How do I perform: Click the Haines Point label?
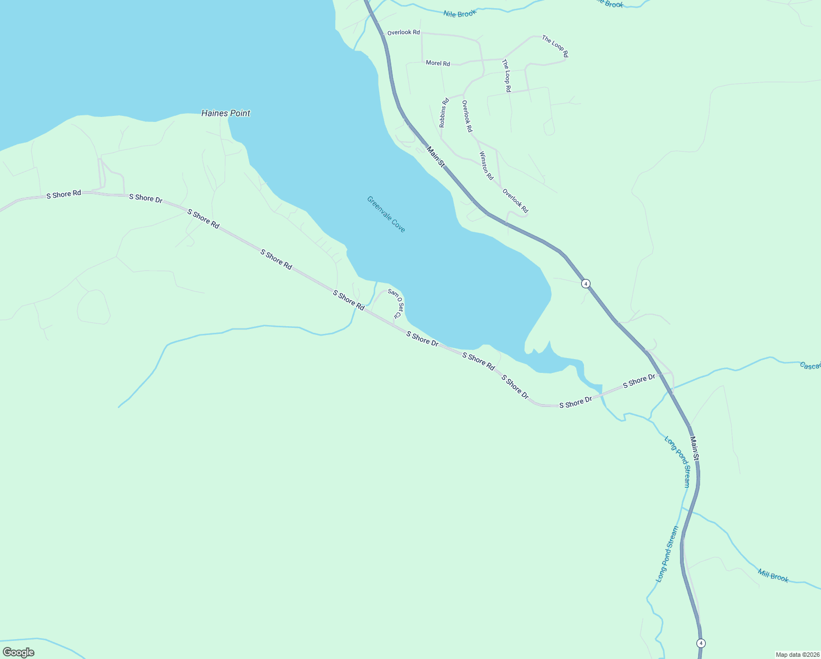pyautogui.click(x=226, y=113)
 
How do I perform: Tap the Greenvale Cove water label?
pyautogui.click(x=386, y=214)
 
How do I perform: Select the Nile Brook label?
pyautogui.click(x=460, y=13)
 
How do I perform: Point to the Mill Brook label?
pyautogui.click(x=773, y=576)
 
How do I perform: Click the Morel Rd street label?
pyautogui.click(x=438, y=63)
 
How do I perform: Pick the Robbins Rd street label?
pyautogui.click(x=444, y=113)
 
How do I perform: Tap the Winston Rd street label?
pyautogui.click(x=486, y=166)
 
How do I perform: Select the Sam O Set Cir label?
pyautogui.click(x=396, y=304)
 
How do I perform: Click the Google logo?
pyautogui.click(x=19, y=652)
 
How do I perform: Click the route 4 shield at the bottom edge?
pyautogui.click(x=700, y=643)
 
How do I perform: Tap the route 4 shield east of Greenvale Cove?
pyautogui.click(x=586, y=283)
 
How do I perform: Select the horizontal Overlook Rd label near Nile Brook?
pyautogui.click(x=403, y=33)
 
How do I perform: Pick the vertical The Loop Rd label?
pyautogui.click(x=507, y=76)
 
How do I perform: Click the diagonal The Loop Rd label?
pyautogui.click(x=555, y=47)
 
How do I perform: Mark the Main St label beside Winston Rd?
pyautogui.click(x=436, y=157)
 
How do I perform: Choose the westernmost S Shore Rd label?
pyautogui.click(x=64, y=194)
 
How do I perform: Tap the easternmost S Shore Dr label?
pyautogui.click(x=639, y=381)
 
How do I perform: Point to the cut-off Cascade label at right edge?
pyautogui.click(x=810, y=366)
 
